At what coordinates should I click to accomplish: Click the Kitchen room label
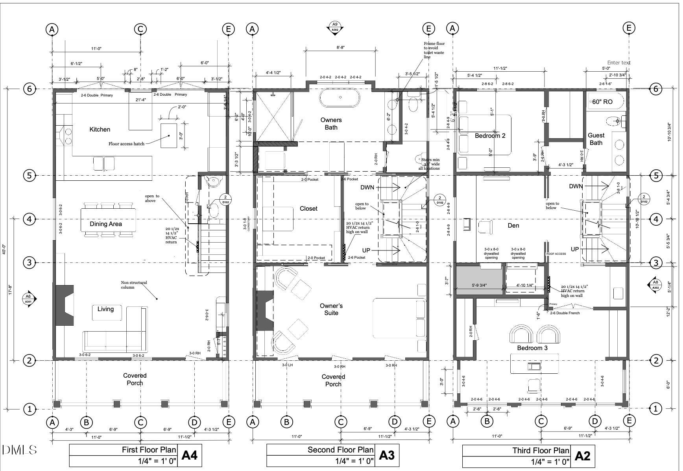pyautogui.click(x=100, y=129)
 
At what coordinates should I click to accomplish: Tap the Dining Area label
pyautogui.click(x=105, y=224)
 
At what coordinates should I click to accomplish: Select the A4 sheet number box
pyautogui.click(x=189, y=455)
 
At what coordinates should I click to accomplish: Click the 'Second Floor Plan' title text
pyautogui.click(x=340, y=450)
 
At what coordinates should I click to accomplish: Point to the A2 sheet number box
pyautogui.click(x=582, y=456)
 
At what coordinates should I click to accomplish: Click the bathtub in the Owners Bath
pyautogui.click(x=340, y=98)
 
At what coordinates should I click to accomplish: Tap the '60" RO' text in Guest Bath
pyautogui.click(x=602, y=102)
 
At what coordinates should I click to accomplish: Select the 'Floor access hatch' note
pyautogui.click(x=126, y=144)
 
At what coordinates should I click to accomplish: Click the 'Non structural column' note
pyautogui.click(x=134, y=285)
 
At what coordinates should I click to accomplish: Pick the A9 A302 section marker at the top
pyautogui.click(x=334, y=27)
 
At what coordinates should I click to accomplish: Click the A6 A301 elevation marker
pyautogui.click(x=29, y=299)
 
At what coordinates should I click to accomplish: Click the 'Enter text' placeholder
pyautogui.click(x=618, y=63)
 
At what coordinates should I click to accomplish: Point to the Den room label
pyautogui.click(x=513, y=225)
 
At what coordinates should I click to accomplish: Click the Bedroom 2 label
pyautogui.click(x=490, y=135)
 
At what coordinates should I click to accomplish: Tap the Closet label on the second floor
pyautogui.click(x=308, y=208)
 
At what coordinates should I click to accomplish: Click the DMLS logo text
pyautogui.click(x=20, y=450)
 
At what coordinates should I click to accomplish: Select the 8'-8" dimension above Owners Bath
pyautogui.click(x=340, y=47)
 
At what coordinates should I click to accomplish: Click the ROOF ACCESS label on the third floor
pyautogui.click(x=556, y=254)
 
